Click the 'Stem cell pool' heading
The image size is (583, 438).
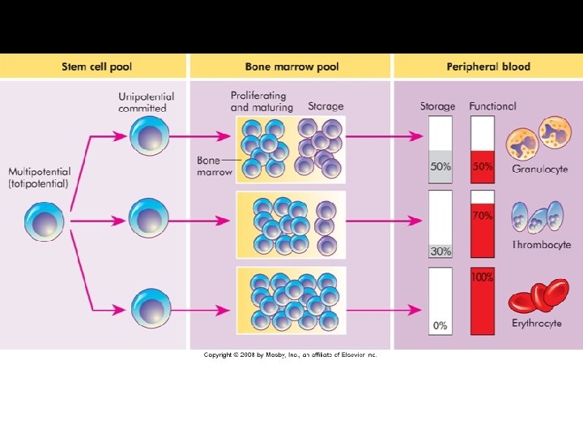[x=96, y=67]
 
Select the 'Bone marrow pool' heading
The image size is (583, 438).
[x=291, y=67]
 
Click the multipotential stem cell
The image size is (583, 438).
[x=44, y=222]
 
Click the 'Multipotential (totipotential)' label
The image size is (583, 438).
[x=40, y=178]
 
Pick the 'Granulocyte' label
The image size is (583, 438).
[x=538, y=169]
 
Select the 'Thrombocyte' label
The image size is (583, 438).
[x=541, y=245]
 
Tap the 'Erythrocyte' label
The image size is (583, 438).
[x=538, y=324]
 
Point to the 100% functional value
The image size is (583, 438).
[x=483, y=277]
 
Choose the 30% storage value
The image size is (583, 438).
[x=440, y=251]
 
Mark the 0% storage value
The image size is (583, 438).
[x=440, y=325]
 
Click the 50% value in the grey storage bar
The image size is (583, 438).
[x=440, y=167]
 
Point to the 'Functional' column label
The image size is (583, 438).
[x=492, y=106]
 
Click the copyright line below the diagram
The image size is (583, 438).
[x=290, y=354]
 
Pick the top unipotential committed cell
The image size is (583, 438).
[x=149, y=136]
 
